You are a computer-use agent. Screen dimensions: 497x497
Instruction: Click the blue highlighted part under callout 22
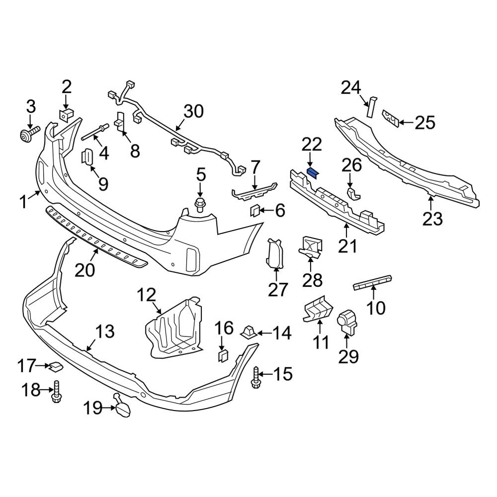coord(314,173)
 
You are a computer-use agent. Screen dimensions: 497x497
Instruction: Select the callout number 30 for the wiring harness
coord(193,111)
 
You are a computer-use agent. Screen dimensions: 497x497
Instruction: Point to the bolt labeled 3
coord(28,134)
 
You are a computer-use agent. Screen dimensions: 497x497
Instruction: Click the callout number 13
coord(105,332)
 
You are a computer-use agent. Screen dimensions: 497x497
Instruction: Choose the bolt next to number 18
coord(56,391)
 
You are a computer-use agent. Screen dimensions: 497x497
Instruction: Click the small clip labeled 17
coord(56,367)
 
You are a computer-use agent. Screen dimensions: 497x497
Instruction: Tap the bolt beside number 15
coord(256,376)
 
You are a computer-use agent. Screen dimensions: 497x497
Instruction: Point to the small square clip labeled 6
coord(254,212)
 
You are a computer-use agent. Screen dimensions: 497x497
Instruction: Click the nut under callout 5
coord(200,204)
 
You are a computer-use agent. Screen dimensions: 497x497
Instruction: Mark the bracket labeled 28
coord(311,247)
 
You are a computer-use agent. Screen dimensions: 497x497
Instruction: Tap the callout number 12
coord(147,297)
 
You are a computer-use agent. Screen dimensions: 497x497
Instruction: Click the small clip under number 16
coord(223,354)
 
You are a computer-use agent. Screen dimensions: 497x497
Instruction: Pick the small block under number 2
coord(65,114)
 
